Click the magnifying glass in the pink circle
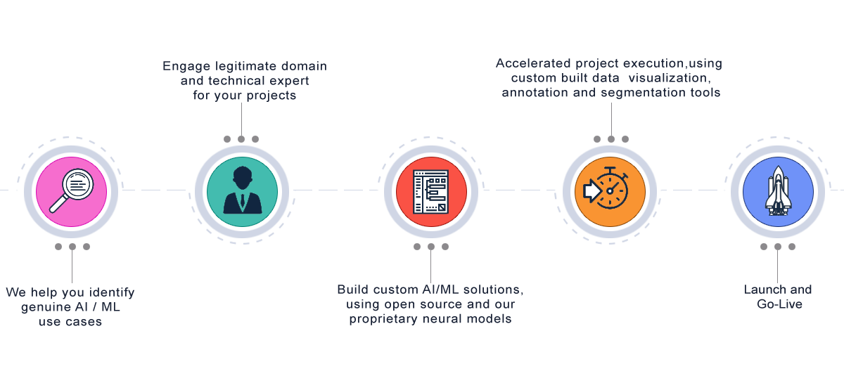[72, 190]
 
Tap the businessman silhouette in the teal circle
[242, 191]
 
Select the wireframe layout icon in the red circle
[431, 191]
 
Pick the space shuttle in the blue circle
[778, 190]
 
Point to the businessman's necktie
[242, 202]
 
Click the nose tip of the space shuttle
[778, 169]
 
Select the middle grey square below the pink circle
[72, 247]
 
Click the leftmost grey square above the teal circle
[227, 139]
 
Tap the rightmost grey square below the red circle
[445, 247]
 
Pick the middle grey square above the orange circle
[611, 139]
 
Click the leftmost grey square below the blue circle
[764, 247]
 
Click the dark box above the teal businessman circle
[248, 82]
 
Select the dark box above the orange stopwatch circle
[619, 79]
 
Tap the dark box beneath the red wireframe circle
[428, 305]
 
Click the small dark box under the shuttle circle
[782, 296]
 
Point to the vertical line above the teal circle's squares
[241, 117]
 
